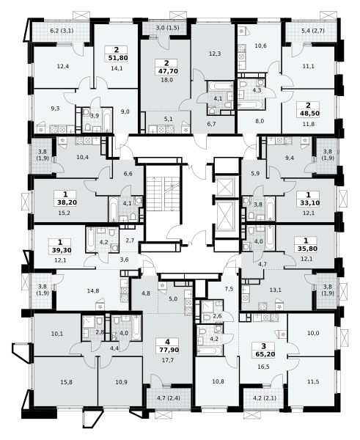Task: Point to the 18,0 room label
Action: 166,80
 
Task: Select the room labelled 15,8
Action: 66,382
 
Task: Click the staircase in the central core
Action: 164,194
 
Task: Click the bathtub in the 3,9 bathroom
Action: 106,120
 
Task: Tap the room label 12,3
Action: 215,54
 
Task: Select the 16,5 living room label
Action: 263,367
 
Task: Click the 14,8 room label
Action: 93,291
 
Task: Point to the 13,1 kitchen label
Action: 275,290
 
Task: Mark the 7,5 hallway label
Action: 229,289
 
